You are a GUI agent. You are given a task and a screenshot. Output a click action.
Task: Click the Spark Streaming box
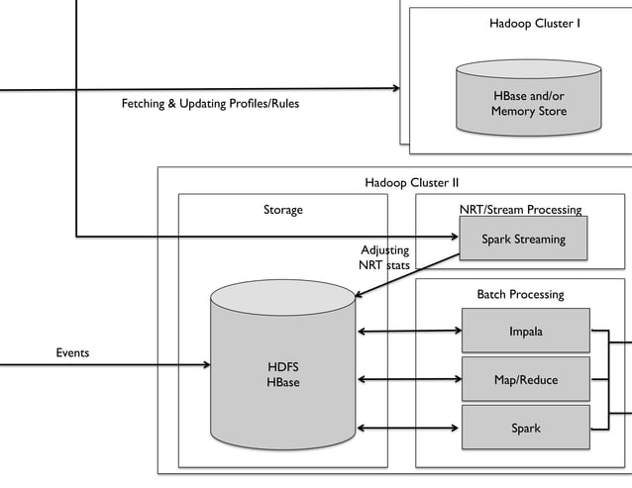(524, 239)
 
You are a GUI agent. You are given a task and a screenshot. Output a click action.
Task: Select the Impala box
(525, 332)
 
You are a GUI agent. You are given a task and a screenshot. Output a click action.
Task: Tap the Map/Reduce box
(525, 379)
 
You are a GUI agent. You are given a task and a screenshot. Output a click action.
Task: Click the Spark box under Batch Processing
(525, 428)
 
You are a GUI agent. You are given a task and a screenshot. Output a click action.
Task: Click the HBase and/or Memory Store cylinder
(528, 99)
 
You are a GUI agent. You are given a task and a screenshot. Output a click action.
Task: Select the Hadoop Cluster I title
(535, 23)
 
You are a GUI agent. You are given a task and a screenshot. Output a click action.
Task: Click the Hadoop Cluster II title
(411, 182)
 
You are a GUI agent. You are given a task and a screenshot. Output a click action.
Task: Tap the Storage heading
(283, 210)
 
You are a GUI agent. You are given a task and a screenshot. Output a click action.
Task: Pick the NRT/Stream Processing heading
(520, 210)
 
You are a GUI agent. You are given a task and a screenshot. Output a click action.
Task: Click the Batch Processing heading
(520, 294)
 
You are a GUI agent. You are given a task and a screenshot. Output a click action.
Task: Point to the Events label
(72, 352)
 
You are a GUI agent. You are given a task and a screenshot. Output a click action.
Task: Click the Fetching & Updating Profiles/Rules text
(210, 104)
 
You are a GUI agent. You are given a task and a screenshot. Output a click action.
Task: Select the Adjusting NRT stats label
(384, 257)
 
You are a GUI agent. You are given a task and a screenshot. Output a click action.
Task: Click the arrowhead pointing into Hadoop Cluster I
(395, 88)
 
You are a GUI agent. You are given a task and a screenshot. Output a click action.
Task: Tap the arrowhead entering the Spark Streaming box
(455, 237)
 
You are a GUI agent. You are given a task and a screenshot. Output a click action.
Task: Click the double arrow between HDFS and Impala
(408, 332)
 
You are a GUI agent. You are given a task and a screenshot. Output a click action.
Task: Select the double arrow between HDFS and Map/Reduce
(408, 379)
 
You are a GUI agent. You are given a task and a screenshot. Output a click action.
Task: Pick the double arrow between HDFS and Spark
(408, 428)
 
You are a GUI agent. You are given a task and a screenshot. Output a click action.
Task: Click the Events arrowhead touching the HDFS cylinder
(206, 365)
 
